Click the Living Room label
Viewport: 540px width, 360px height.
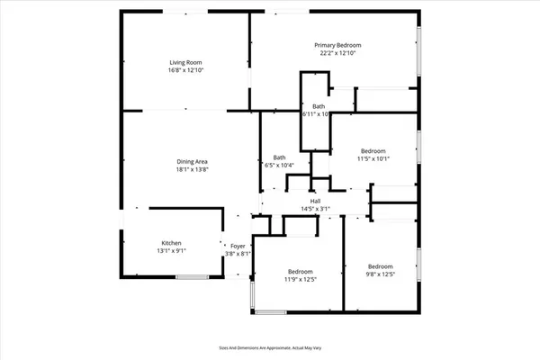[x=184, y=62]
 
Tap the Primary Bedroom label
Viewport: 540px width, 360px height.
[x=337, y=45]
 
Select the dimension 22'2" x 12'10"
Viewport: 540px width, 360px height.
[x=337, y=53]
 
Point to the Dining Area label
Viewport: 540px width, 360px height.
[x=193, y=161]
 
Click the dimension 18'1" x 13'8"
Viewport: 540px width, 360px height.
[x=193, y=169]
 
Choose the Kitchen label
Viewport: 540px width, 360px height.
[x=172, y=243]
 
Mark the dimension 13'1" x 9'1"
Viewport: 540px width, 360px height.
[x=172, y=251]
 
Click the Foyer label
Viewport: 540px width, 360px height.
[x=238, y=246]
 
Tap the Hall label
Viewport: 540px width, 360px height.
[x=316, y=202]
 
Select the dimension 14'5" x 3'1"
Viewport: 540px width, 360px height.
[x=316, y=210]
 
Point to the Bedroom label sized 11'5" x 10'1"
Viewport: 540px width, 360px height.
[x=373, y=150]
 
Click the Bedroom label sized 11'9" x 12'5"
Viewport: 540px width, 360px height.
[x=301, y=272]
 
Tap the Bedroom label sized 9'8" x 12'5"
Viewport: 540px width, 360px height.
[x=380, y=266]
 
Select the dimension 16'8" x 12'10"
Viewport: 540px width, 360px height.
[x=184, y=70]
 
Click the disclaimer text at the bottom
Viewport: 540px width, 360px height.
[x=270, y=346]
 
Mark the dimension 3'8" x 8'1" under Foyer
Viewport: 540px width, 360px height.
[x=238, y=254]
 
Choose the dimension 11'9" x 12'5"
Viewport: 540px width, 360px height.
[x=301, y=280]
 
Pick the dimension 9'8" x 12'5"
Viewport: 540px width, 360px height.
[x=380, y=274]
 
